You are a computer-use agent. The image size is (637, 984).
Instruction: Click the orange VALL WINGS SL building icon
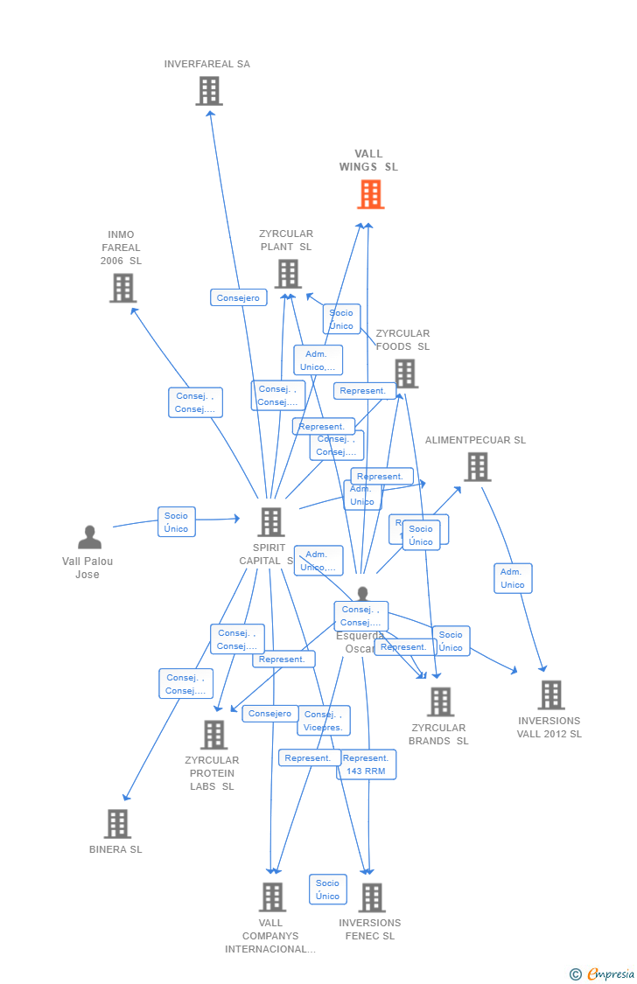pos(371,194)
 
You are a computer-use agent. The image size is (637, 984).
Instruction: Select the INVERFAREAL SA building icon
pos(209,91)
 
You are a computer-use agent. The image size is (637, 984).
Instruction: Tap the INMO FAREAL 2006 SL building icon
pos(122,288)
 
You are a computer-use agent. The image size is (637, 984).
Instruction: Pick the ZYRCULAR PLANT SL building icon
pos(287,274)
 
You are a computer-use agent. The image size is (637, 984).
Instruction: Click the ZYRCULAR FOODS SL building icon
pos(404,373)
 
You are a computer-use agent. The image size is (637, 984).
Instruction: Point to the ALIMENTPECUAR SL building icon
pos(477,467)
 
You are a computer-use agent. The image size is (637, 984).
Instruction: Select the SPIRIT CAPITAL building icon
pos(270,522)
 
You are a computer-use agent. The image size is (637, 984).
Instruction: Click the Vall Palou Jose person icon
pos(89,537)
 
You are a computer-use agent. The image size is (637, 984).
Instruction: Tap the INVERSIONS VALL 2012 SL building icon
pos(550,694)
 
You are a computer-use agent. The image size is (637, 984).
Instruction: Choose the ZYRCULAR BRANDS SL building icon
pos(440,701)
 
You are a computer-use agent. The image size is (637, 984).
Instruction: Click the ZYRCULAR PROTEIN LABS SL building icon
pos(213,735)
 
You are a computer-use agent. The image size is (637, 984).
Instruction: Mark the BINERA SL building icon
pos(117,824)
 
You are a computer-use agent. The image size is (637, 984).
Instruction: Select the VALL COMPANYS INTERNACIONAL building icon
pos(272,897)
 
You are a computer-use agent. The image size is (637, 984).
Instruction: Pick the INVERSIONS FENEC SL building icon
pos(371,897)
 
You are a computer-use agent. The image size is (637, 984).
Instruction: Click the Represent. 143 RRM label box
pos(367,764)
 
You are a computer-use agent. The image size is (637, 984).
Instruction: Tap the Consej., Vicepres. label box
pos(324,721)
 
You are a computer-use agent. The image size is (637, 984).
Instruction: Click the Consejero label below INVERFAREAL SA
pos(238,297)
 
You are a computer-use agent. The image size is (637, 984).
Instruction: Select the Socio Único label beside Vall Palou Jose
pos(176,522)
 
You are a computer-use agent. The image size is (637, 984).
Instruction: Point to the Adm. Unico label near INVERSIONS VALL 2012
pos(513,578)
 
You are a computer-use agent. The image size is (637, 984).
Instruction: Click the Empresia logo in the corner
pos(603,974)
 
